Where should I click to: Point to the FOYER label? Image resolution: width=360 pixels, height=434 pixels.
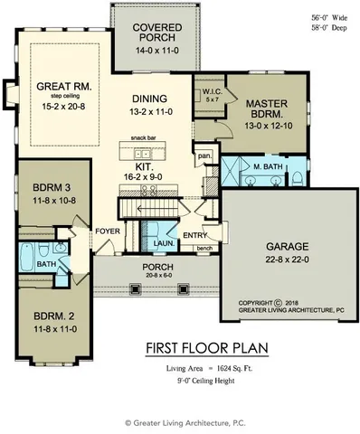109,231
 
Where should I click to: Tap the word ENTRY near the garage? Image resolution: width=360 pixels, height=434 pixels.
194,237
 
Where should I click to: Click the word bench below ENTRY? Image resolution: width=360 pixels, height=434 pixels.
204,247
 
